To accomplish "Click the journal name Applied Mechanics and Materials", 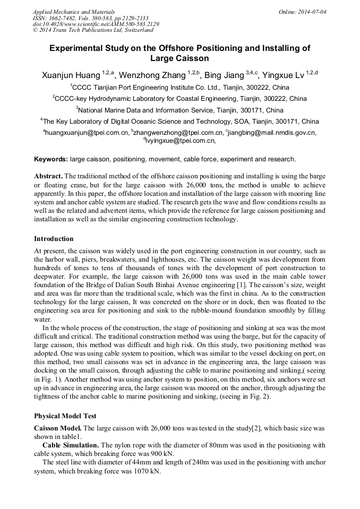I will coord(73,12).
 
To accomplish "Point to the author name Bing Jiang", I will coord(224,75).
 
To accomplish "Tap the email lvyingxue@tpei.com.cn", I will coord(180,141).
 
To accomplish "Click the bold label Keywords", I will coord(51,159).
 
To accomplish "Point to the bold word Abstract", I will coord(49,176).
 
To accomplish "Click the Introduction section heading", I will coord(54,238).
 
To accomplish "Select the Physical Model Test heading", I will coord(65,416).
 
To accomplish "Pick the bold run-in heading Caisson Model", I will coord(58,428).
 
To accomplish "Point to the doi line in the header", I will coord(96,24).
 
